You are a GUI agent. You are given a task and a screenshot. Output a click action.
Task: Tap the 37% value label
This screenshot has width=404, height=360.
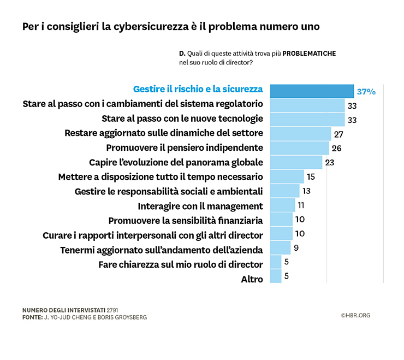366,91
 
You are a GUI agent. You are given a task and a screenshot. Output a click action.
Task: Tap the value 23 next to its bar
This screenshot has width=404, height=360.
329,162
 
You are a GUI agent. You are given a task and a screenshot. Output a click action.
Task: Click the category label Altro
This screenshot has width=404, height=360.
252,279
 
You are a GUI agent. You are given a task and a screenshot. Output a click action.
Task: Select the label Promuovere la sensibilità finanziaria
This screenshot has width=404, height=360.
186,221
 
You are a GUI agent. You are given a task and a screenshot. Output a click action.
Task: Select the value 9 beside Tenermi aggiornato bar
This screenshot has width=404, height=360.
295,248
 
